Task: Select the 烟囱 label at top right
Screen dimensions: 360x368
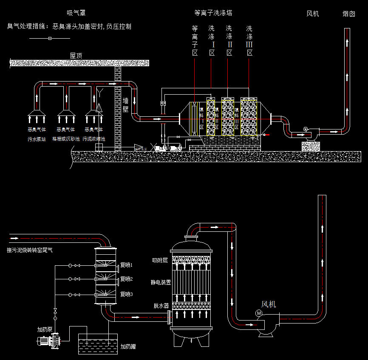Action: click(x=348, y=14)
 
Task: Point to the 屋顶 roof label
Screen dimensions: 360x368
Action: click(x=76, y=55)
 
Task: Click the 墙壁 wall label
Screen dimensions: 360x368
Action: click(x=126, y=104)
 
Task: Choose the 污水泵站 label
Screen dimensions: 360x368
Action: click(x=37, y=139)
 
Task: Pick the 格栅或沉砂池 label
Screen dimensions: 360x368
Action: click(x=66, y=139)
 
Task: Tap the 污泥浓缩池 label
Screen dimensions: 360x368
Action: click(x=94, y=139)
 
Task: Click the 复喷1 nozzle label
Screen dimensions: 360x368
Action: click(x=127, y=265)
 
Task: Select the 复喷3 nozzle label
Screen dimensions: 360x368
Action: click(x=127, y=294)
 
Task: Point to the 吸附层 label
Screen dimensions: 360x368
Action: click(x=161, y=260)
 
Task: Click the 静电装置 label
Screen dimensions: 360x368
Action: click(x=161, y=282)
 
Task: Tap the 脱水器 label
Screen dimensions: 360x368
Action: click(x=161, y=305)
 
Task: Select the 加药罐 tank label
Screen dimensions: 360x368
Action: click(x=128, y=346)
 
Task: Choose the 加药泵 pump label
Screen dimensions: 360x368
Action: click(x=45, y=329)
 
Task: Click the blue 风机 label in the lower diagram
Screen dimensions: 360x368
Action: click(x=269, y=304)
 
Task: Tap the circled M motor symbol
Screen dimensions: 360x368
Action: click(x=259, y=313)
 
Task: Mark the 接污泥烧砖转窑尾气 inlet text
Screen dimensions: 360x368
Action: click(x=30, y=250)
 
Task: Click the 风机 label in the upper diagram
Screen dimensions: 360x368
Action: click(x=313, y=14)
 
